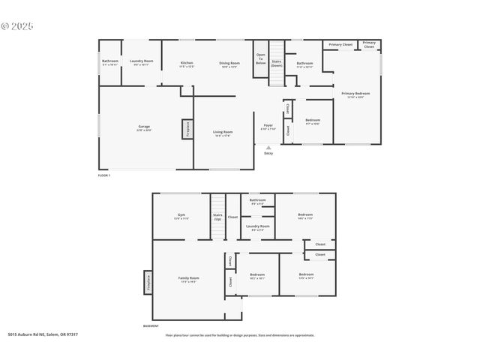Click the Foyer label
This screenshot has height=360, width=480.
[x=268, y=126]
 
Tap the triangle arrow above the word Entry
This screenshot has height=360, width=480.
[x=268, y=148]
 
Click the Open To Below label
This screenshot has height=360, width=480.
[x=261, y=58]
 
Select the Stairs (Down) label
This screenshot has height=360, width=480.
[x=277, y=63]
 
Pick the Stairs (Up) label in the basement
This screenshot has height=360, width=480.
[x=217, y=217]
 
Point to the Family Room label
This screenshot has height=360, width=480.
[x=188, y=279]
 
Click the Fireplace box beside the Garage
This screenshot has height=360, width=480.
[x=185, y=129]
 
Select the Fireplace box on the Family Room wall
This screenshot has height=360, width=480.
[x=148, y=282]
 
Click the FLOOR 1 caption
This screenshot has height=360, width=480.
[x=104, y=175]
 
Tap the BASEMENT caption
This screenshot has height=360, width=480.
[x=151, y=326]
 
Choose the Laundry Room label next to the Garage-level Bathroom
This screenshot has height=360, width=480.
[x=142, y=61]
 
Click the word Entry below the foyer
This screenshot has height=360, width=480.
[x=268, y=154]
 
